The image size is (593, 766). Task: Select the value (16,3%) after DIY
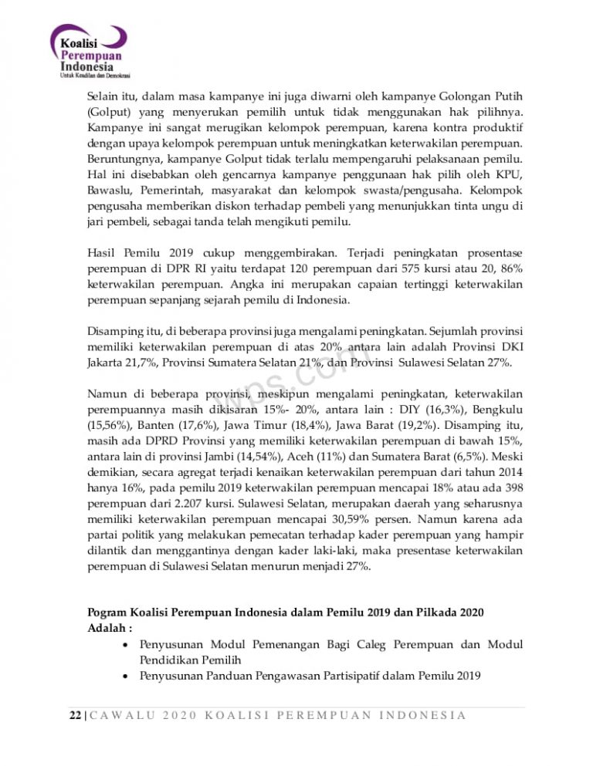(x=450, y=410)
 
